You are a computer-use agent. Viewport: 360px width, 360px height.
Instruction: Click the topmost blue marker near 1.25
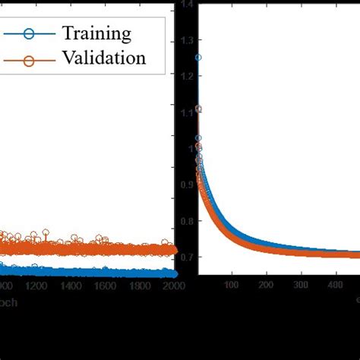click(198, 58)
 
